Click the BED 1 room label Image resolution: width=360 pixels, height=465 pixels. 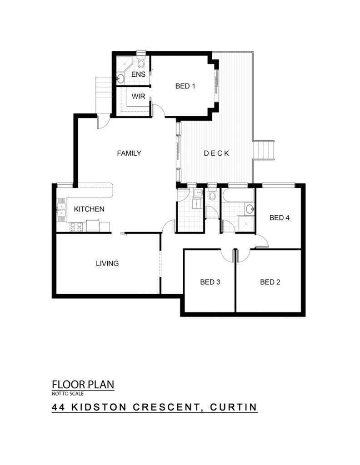pyautogui.click(x=185, y=86)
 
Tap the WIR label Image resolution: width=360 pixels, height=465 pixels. pyautogui.click(x=138, y=96)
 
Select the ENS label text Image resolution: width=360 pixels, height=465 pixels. pyautogui.click(x=138, y=74)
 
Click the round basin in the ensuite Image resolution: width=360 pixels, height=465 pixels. pyautogui.click(x=120, y=79)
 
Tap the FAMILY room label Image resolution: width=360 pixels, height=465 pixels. pyautogui.click(x=129, y=153)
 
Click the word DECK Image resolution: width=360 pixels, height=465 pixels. pyautogui.click(x=216, y=153)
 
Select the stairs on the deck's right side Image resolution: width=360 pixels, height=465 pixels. pyautogui.click(x=264, y=150)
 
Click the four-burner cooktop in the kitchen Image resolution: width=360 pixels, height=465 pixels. pyautogui.click(x=76, y=227)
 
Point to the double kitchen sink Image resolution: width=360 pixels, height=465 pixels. pyautogui.click(x=61, y=209)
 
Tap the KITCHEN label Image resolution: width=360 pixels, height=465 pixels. pyautogui.click(x=89, y=209)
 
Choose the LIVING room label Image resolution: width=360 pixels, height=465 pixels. pyautogui.click(x=107, y=263)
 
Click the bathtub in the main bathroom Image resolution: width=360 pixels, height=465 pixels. pyautogui.click(x=238, y=195)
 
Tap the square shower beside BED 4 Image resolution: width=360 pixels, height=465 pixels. pyautogui.click(x=247, y=224)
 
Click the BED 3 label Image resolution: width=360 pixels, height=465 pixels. pyautogui.click(x=210, y=282)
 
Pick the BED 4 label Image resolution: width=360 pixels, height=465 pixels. pyautogui.click(x=279, y=218)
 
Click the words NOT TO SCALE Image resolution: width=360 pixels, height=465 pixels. pyautogui.click(x=68, y=394)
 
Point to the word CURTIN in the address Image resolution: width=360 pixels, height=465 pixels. pyautogui.click(x=233, y=407)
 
